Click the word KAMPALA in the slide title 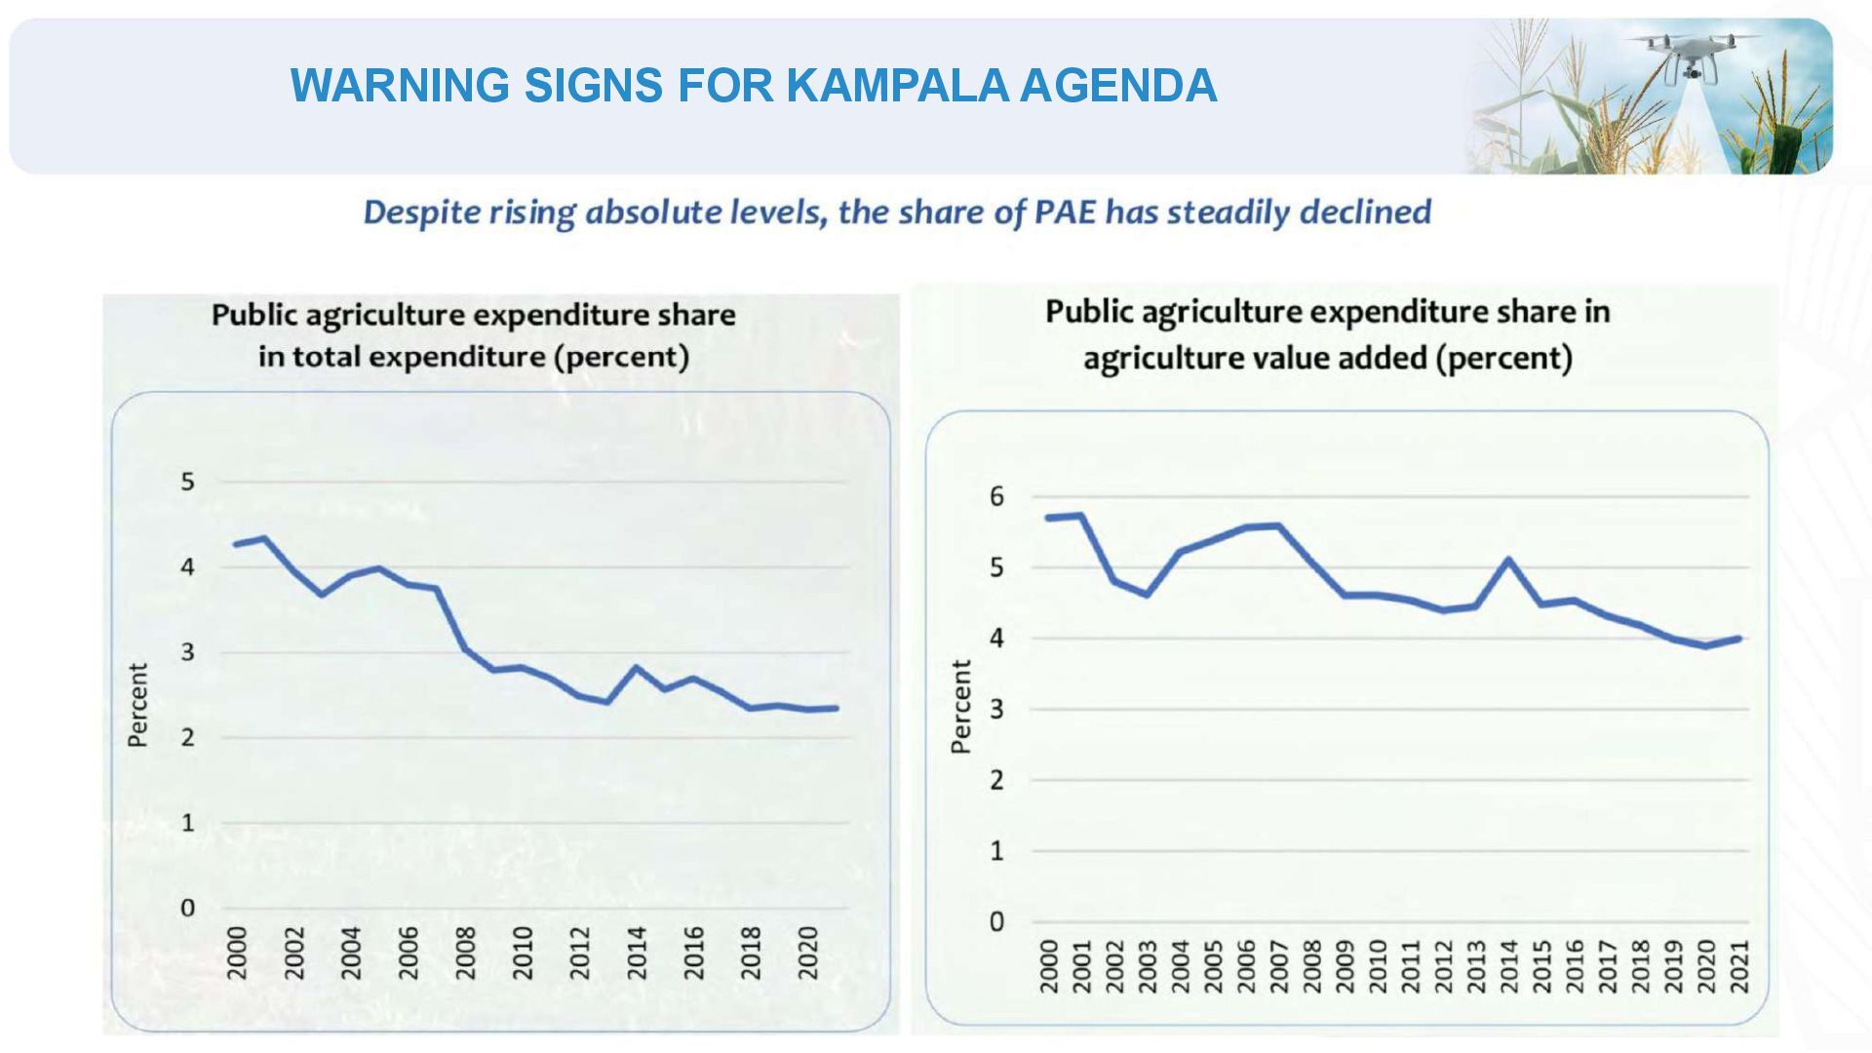click(x=896, y=86)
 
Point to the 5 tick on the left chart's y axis click(x=188, y=482)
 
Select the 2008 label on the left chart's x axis click(x=465, y=953)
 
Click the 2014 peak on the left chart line click(x=637, y=667)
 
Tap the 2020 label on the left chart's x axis click(x=808, y=953)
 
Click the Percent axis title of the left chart click(x=138, y=705)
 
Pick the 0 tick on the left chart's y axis click(x=188, y=908)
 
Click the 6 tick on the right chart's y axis click(x=995, y=497)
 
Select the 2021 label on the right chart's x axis click(x=1739, y=966)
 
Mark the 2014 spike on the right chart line click(x=1508, y=560)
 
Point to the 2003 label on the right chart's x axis click(x=1148, y=966)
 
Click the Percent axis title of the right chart click(x=961, y=707)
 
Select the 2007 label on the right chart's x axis click(x=1279, y=966)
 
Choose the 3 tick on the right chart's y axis click(x=995, y=710)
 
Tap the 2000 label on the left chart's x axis click(x=237, y=953)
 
